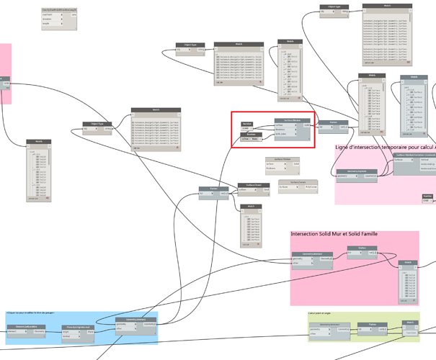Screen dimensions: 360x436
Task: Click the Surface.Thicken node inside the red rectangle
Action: coord(292,120)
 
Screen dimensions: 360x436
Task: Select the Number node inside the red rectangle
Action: coord(246,123)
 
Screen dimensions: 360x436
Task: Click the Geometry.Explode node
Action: coord(352,171)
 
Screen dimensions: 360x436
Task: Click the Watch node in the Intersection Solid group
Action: coord(408,263)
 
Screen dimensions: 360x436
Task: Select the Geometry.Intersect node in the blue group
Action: coord(136,319)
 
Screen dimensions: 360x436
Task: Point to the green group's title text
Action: coord(321,313)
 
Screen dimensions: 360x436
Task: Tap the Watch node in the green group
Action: coord(409,323)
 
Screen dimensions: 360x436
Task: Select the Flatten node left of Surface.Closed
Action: coord(214,189)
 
